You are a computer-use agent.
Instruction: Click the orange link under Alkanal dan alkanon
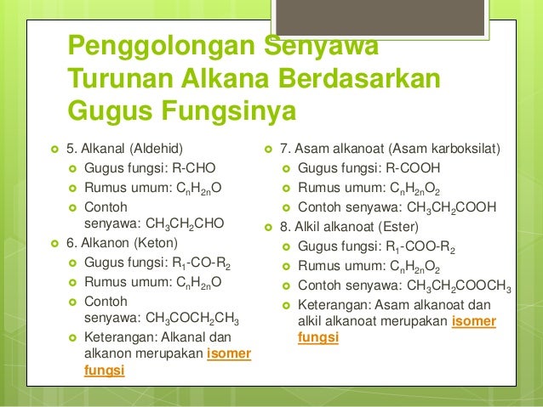(229, 354)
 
